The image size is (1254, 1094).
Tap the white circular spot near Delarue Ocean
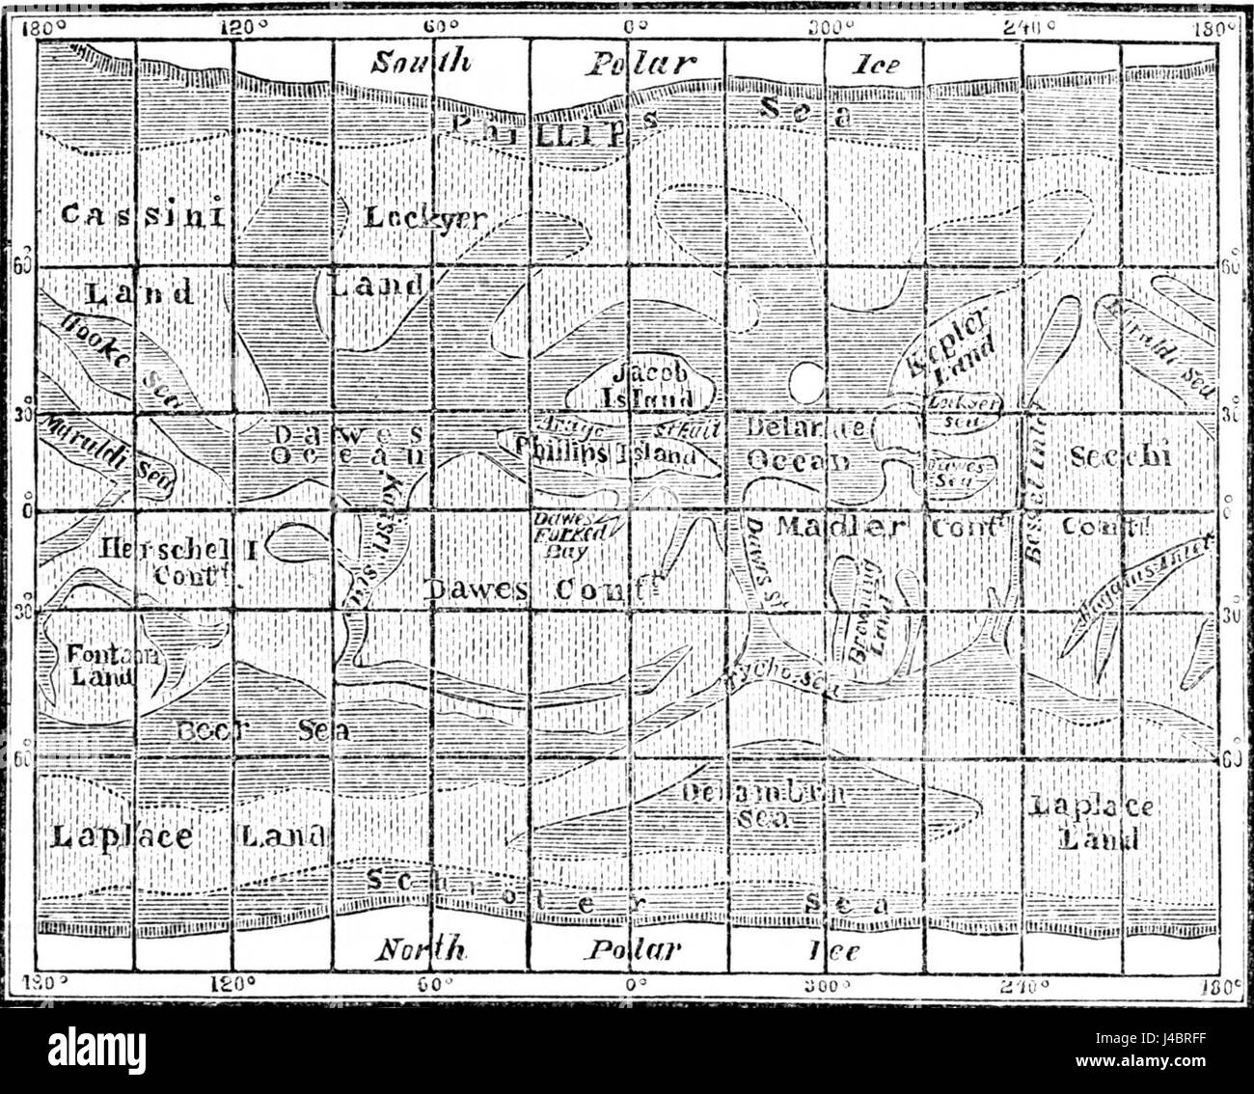pos(804,383)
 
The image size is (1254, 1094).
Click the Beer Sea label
pos(260,730)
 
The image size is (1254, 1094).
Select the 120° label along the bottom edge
pos(236,986)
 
